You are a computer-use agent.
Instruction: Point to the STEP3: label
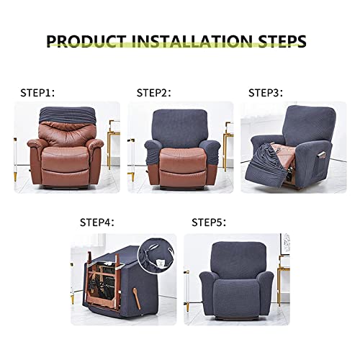(266, 92)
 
